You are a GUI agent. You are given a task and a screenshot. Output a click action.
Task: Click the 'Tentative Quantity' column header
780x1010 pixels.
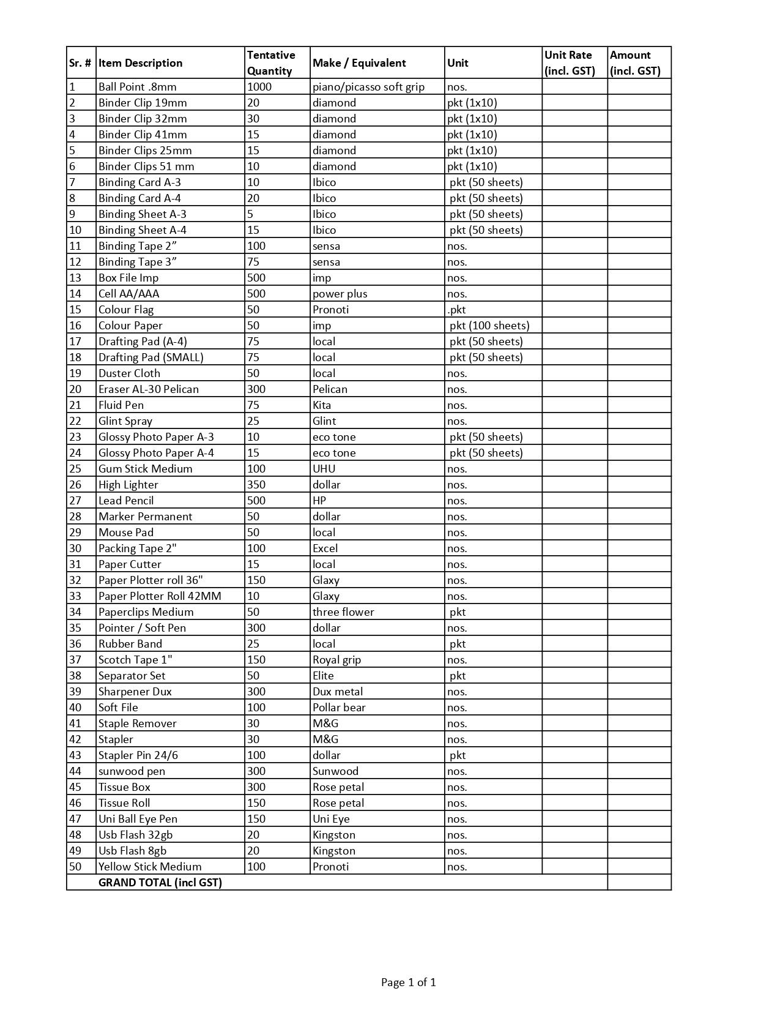point(270,63)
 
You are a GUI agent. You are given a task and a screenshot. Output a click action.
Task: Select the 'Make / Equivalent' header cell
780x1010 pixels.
point(359,63)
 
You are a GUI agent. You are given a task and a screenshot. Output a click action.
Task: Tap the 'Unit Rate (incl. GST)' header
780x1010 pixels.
point(570,63)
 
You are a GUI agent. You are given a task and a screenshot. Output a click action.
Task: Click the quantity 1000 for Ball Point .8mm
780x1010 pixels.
point(259,87)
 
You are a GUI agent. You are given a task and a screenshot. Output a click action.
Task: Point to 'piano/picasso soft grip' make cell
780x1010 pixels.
point(368,87)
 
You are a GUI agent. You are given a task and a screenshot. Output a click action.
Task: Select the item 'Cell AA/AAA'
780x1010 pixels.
point(128,294)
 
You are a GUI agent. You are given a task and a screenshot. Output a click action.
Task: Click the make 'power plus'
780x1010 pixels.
point(340,294)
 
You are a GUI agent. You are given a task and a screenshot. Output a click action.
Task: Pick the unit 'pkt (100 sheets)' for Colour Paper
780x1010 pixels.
point(489,326)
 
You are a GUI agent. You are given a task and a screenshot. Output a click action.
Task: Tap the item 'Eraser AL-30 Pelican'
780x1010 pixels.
point(148,389)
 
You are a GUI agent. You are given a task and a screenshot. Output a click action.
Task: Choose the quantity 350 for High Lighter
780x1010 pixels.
point(256,485)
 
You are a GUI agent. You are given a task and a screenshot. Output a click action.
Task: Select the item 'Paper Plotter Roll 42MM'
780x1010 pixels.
point(160,596)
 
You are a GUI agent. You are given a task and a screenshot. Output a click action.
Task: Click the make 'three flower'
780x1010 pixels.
point(343,612)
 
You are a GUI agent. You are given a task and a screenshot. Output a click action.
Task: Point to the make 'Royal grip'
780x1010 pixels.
point(336,660)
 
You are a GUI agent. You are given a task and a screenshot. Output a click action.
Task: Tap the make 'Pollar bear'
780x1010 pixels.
point(338,708)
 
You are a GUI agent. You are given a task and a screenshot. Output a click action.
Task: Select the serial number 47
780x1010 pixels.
point(75,819)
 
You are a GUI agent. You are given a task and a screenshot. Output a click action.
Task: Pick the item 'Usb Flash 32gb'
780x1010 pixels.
point(135,835)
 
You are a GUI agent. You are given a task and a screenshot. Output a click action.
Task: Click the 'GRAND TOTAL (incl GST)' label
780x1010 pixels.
point(160,883)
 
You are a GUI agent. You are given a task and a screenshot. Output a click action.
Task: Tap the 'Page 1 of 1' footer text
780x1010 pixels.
point(408,982)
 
